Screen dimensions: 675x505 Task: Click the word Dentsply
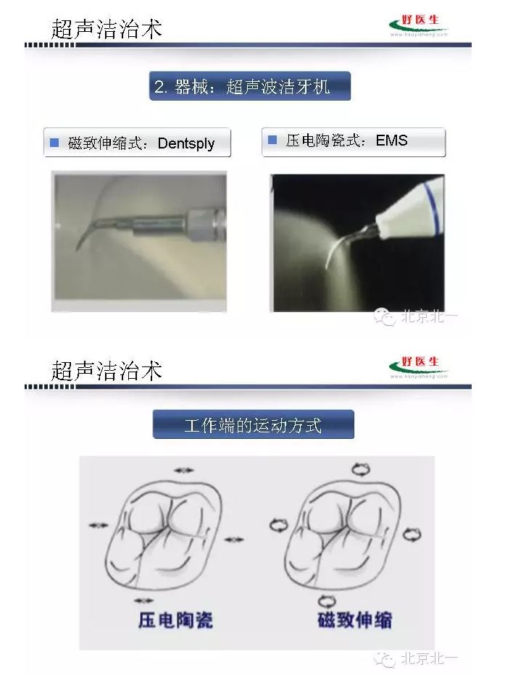point(186,143)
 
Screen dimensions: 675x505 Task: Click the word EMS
point(392,141)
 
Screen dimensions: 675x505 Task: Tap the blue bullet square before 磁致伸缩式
point(54,143)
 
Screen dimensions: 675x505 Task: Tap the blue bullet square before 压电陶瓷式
point(272,140)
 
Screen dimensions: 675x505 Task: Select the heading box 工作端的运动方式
point(253,424)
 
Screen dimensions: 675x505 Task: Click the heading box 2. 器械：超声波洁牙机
point(250,87)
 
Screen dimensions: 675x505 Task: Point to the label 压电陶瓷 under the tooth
point(175,620)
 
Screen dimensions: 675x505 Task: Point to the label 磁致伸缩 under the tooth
point(355,620)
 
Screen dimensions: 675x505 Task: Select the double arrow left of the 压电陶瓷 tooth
point(98,524)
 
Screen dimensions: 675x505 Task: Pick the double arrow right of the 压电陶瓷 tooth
point(234,539)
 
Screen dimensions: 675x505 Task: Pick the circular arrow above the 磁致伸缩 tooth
point(360,469)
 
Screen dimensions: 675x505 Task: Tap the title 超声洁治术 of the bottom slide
point(107,371)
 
